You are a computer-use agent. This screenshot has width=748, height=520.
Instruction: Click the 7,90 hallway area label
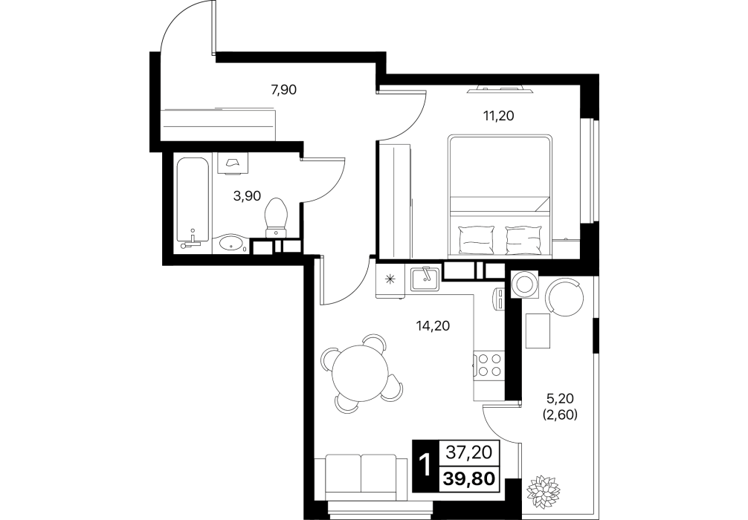point(284,90)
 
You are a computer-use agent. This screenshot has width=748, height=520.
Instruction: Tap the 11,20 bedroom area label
point(498,116)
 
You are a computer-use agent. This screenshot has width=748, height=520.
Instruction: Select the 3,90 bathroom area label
point(247,195)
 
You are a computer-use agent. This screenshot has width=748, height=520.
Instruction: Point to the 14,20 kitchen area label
point(433,326)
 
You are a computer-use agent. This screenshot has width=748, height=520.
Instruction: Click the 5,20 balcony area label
point(560,398)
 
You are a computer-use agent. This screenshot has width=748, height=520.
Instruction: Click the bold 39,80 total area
point(469,478)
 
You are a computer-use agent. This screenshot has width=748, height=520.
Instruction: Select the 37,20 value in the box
point(469,452)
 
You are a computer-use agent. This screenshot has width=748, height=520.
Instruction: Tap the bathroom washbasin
point(230,244)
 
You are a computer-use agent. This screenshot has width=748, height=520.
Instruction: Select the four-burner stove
point(489,365)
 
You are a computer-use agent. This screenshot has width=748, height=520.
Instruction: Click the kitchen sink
point(425,279)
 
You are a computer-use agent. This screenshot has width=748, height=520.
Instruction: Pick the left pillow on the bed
point(475,240)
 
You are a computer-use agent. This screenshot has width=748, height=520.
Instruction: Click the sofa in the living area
point(361,477)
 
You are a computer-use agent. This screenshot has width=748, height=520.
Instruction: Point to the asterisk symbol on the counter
point(391,279)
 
